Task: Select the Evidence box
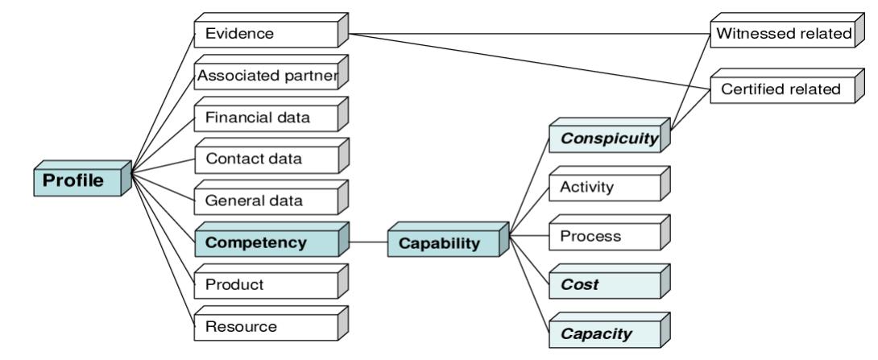266,34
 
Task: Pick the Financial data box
266,118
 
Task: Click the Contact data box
266,159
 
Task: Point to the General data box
266,201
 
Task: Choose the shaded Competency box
266,242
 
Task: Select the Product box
266,285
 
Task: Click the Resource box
266,327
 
